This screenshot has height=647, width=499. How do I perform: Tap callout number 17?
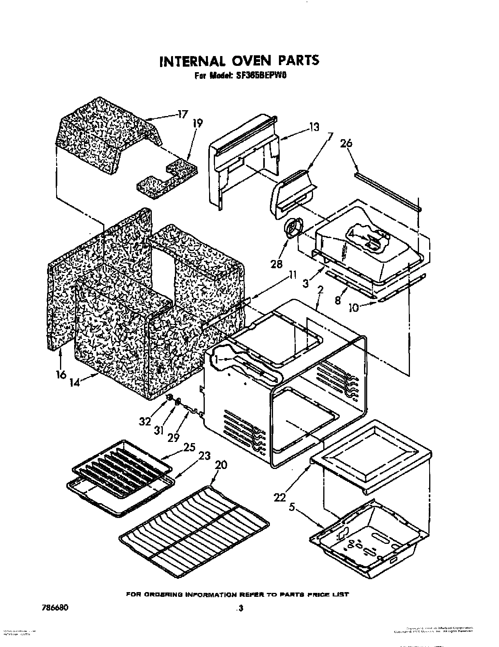(x=181, y=115)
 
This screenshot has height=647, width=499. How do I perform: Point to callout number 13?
(x=313, y=127)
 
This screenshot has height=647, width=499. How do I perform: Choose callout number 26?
(x=346, y=144)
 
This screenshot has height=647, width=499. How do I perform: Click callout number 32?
(x=145, y=421)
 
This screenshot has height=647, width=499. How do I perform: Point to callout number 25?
(x=189, y=447)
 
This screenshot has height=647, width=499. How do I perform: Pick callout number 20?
(x=221, y=465)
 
